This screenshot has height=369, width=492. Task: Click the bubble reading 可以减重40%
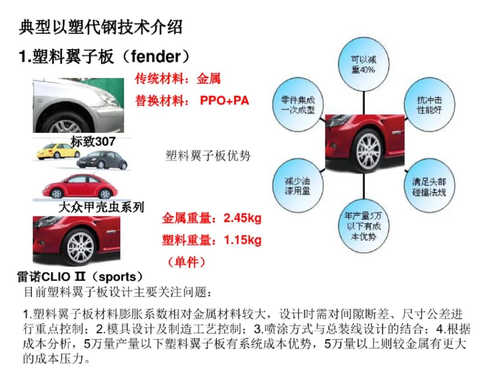(x=364, y=64)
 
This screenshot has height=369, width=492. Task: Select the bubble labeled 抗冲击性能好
(x=429, y=105)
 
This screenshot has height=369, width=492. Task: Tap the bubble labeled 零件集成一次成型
(x=297, y=105)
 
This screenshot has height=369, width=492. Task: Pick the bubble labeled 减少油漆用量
(x=297, y=186)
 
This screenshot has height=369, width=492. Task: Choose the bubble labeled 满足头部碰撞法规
(x=429, y=186)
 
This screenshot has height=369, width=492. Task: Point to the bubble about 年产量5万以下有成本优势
(x=364, y=226)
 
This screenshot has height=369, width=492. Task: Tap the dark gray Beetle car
(x=102, y=160)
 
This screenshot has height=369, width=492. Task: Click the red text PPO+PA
(x=224, y=100)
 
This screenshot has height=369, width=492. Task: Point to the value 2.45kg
(x=242, y=218)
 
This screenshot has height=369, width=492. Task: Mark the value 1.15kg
(x=242, y=240)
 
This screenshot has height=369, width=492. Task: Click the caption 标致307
(x=93, y=142)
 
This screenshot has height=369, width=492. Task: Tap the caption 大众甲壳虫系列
(x=101, y=207)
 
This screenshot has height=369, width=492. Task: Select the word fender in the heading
(x=156, y=56)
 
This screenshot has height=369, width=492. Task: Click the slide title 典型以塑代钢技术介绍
(x=100, y=27)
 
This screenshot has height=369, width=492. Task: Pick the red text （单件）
(x=186, y=261)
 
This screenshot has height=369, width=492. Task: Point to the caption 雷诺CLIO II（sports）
(x=80, y=277)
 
